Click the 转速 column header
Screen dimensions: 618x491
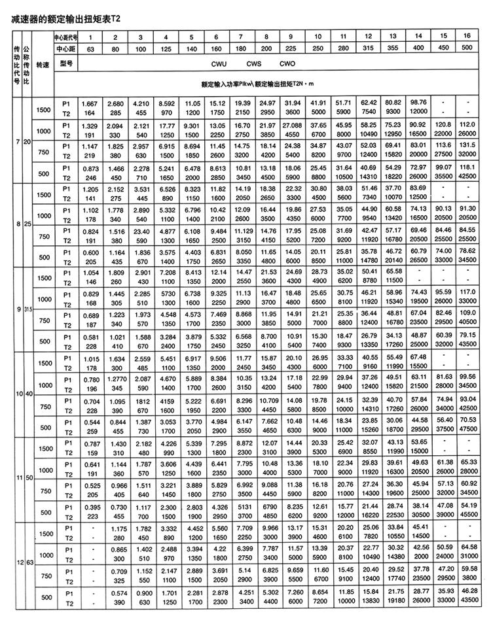coord(43,65)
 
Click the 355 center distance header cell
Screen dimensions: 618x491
coord(393,49)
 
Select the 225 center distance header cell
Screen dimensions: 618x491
coord(293,49)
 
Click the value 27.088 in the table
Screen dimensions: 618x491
coord(293,124)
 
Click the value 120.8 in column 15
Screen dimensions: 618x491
coord(443,124)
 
